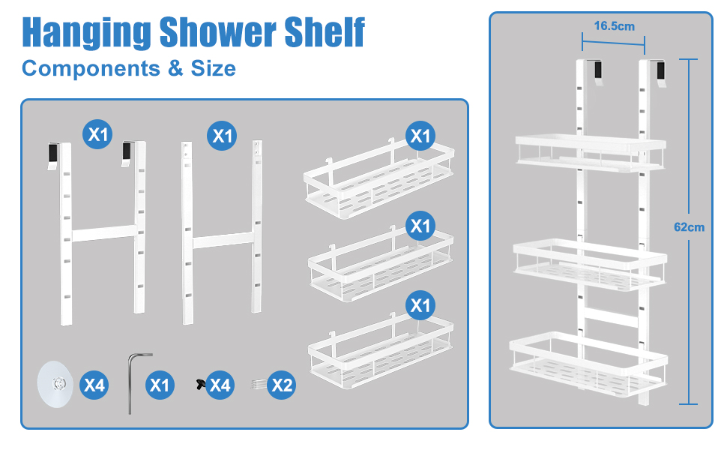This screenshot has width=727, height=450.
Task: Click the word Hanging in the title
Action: coord(86,32)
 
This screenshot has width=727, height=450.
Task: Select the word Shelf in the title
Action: coord(325,31)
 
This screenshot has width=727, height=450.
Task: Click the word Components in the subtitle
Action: coord(91,69)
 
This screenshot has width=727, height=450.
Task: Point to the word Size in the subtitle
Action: coord(214,68)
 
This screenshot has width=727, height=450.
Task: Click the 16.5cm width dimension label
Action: coord(615,26)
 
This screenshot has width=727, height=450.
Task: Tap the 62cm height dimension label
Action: coord(689,226)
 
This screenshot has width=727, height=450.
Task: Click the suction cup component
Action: coord(55,384)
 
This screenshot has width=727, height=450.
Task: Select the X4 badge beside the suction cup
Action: coord(94,385)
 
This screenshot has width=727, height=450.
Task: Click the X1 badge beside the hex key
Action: coord(160,385)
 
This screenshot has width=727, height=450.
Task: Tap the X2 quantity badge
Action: coord(282,385)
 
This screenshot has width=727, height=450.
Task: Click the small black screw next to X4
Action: coord(201,384)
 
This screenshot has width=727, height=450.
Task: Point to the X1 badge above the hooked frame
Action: coord(97,134)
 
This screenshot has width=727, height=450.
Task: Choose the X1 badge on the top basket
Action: coord(420,136)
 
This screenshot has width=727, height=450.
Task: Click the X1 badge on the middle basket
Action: coord(420,226)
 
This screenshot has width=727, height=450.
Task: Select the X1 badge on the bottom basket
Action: coord(420,305)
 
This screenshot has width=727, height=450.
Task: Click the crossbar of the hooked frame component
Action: coord(104,233)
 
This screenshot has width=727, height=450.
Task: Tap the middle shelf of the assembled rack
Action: coord(590,265)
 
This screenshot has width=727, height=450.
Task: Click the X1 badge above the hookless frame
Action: coord(222,136)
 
